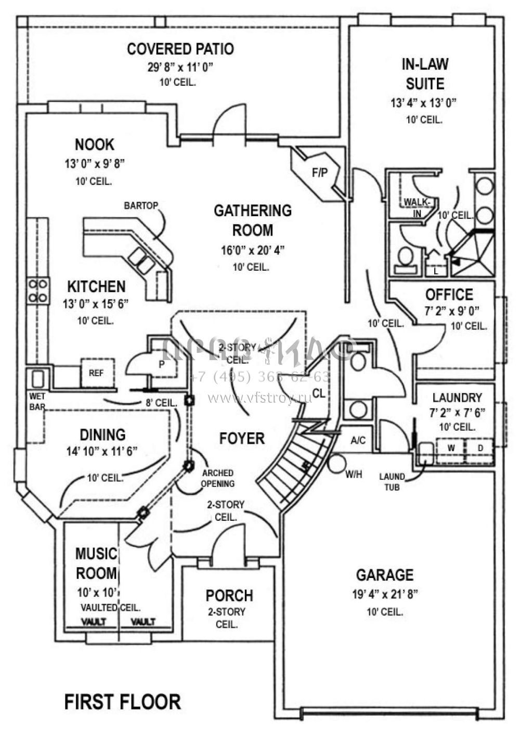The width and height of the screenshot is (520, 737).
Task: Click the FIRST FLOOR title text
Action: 123,702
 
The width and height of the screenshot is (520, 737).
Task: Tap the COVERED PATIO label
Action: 180,49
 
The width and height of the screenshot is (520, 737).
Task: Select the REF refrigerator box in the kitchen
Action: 96,373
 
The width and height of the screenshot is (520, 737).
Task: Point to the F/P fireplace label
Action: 320,173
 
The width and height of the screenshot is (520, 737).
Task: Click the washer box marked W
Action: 451,447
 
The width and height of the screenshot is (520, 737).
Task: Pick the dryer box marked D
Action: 480,447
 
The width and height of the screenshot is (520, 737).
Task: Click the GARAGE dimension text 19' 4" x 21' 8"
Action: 385,594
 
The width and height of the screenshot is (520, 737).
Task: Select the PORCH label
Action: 229,595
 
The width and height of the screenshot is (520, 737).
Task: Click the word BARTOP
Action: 141,206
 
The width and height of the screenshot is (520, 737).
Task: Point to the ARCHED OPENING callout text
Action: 218,478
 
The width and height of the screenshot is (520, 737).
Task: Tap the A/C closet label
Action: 358,441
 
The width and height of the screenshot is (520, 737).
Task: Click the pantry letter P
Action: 162,364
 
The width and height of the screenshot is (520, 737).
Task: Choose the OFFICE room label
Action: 449,295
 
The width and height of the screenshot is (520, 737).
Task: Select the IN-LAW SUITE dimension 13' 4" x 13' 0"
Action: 423,102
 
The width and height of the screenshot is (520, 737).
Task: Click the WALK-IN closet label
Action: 415,206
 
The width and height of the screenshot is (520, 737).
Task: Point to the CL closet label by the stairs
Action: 319,393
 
